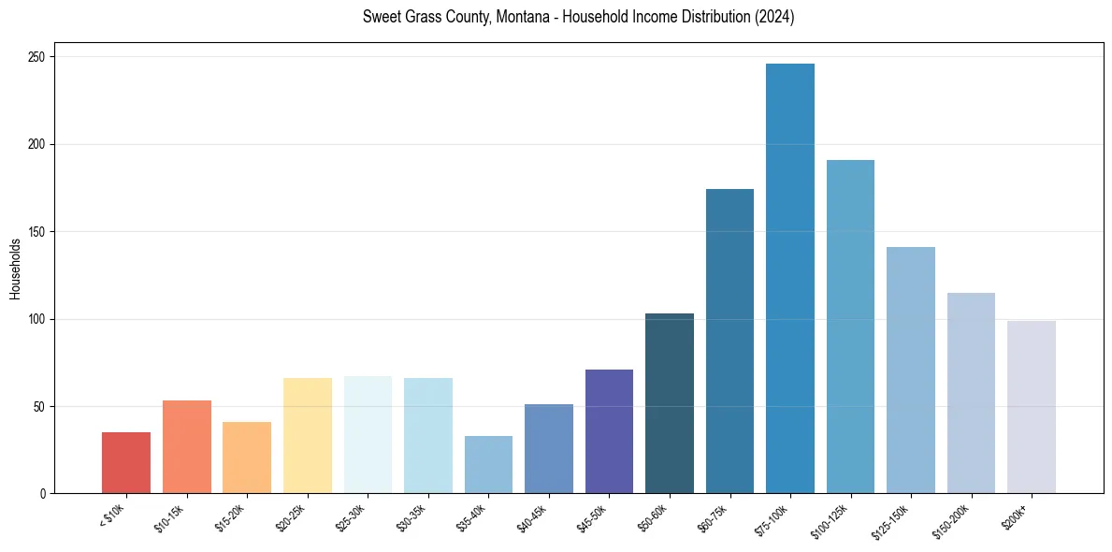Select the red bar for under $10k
(126, 462)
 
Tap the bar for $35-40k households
(488, 464)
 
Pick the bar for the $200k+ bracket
(1031, 407)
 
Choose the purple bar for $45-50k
(609, 431)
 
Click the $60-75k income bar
(729, 341)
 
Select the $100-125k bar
(850, 327)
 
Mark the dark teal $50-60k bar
(670, 403)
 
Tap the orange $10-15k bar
(187, 446)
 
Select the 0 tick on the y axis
(43, 494)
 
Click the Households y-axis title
(15, 269)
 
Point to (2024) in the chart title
(775, 17)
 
